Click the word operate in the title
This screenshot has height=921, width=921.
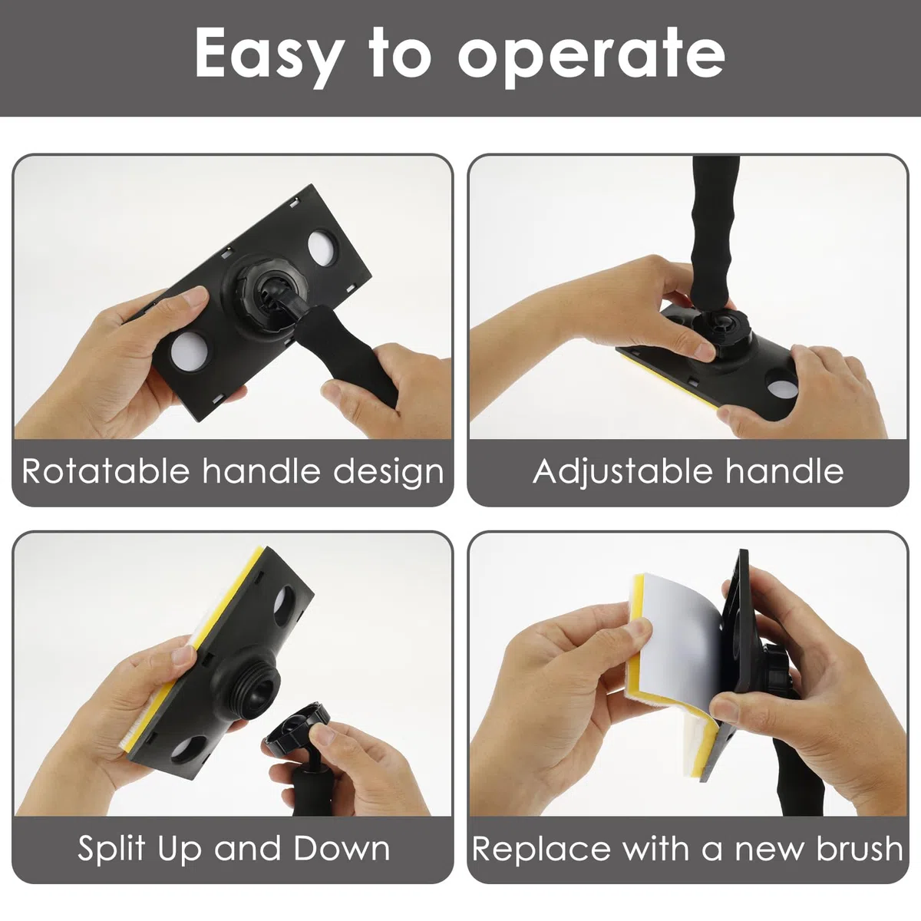coord(591,58)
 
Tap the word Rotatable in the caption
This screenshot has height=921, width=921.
coord(106,471)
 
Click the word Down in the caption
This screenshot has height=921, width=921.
coord(342,849)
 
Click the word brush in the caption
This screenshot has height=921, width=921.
coord(859,849)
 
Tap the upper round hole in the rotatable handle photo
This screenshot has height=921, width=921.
coord(323,248)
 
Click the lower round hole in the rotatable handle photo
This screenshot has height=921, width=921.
coord(190,352)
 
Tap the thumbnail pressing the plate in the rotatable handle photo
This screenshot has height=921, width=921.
coord(196,296)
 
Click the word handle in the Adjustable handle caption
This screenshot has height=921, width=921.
coord(784,471)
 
